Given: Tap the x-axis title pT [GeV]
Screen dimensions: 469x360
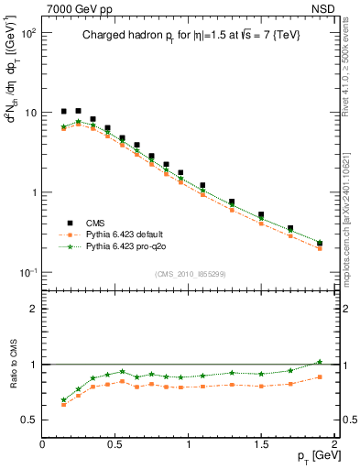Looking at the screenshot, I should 313,455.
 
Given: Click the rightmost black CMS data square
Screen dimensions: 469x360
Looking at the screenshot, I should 320,243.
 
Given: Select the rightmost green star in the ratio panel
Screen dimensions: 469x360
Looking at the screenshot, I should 320,362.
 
